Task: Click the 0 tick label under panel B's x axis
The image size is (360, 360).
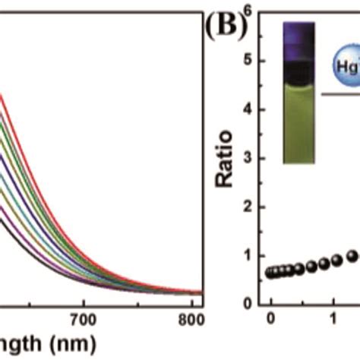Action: click(x=271, y=321)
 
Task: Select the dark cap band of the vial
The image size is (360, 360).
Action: click(x=297, y=90)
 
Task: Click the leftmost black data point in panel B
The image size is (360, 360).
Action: click(x=271, y=273)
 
